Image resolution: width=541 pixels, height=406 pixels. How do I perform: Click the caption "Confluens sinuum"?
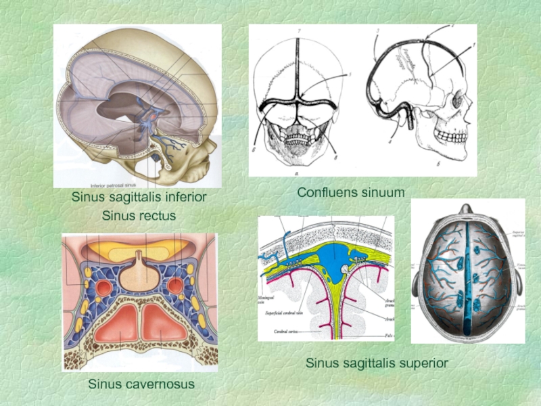(x=350, y=193)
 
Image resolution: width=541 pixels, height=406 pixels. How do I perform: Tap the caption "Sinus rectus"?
(x=139, y=216)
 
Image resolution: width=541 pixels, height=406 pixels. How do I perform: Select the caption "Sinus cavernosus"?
(x=141, y=384)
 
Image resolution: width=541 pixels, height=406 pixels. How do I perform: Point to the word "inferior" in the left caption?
(x=182, y=198)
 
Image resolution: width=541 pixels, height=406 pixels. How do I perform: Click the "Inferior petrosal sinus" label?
(x=118, y=183)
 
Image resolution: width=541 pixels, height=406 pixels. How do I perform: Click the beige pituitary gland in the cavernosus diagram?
(x=139, y=271)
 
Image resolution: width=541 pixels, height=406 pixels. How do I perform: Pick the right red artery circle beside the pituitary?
(x=175, y=286)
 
